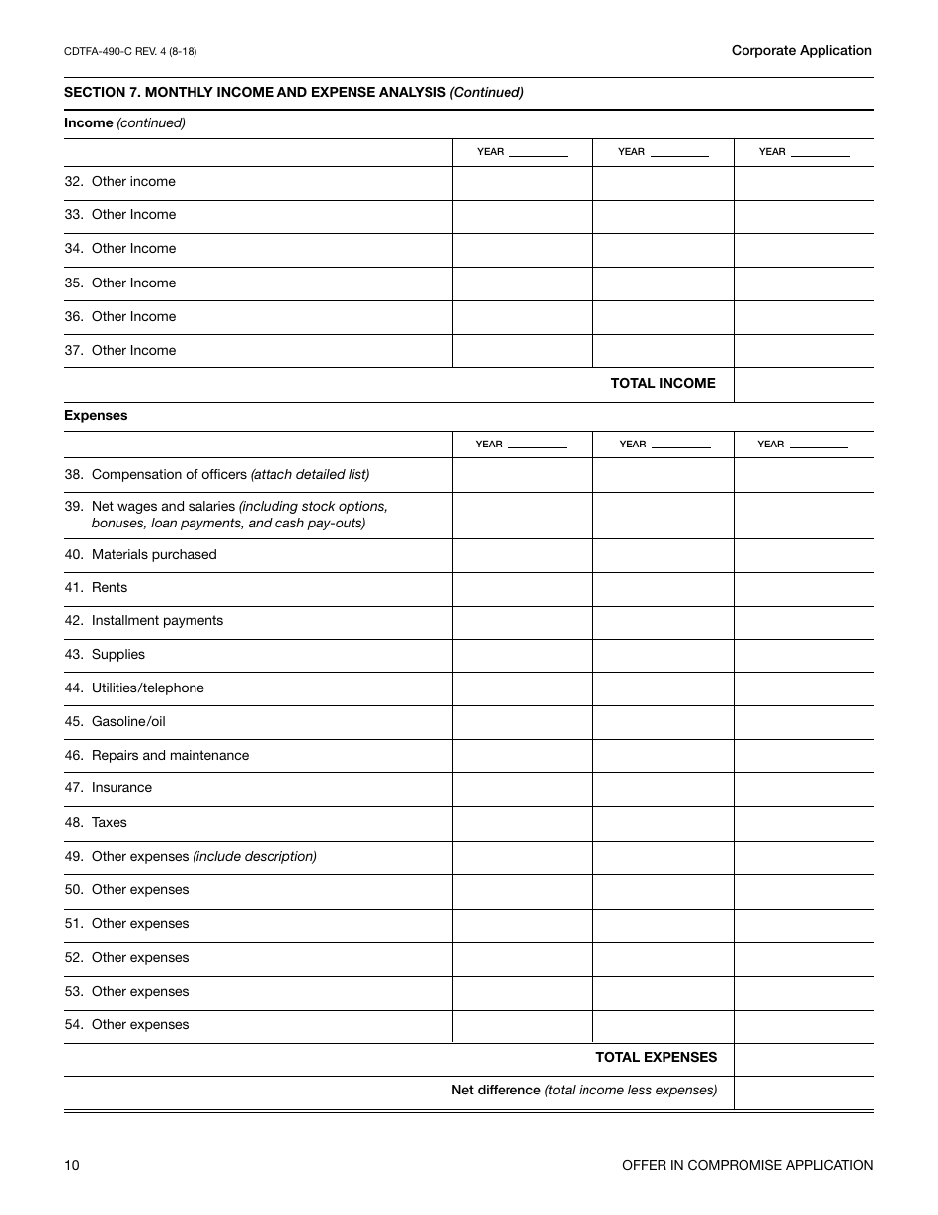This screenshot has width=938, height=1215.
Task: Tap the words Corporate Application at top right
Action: [801, 50]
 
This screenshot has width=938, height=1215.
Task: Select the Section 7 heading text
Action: [293, 92]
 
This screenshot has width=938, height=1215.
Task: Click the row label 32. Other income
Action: [120, 182]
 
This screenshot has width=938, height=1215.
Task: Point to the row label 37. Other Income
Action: [120, 351]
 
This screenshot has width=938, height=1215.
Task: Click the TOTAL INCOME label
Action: [663, 383]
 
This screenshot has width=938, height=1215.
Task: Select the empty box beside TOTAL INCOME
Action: [803, 384]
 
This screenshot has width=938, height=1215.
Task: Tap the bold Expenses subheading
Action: [96, 416]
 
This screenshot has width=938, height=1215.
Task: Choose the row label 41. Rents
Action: [97, 588]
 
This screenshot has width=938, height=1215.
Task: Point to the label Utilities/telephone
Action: [147, 688]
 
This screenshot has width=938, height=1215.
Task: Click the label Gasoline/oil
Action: [128, 722]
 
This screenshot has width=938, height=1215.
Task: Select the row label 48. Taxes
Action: [97, 823]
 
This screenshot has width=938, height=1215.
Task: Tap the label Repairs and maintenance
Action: [170, 756]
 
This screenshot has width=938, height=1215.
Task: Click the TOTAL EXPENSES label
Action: [656, 1058]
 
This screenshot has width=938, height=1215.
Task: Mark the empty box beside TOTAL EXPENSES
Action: [803, 1059]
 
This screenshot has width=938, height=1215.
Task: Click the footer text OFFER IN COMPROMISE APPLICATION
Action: [746, 1166]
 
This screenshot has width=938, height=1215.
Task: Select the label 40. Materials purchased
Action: [141, 555]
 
